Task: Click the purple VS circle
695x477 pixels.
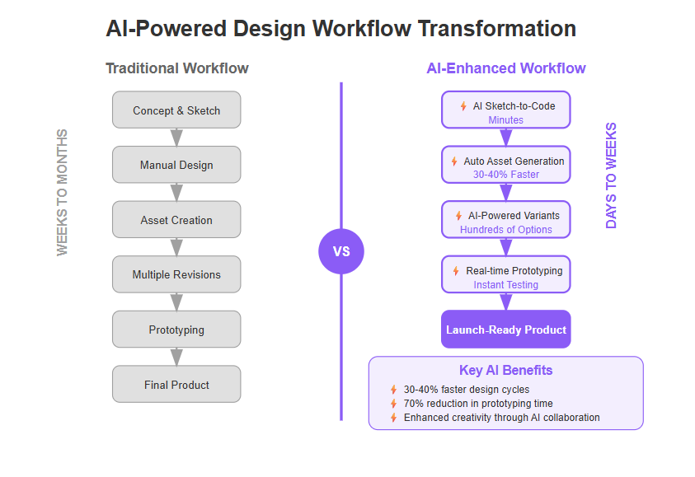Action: point(341,251)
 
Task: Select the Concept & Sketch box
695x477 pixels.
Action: point(176,110)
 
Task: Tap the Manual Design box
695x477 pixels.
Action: point(176,165)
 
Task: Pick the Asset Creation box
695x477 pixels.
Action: point(176,220)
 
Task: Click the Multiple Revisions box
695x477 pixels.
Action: point(176,274)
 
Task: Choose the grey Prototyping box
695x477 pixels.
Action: point(176,330)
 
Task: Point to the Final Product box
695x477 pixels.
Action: point(176,385)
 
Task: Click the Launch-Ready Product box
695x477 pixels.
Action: point(505,330)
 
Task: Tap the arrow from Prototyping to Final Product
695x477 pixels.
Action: point(176,357)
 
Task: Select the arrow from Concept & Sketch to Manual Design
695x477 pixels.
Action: point(176,138)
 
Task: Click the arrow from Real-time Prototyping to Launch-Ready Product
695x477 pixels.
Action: point(505,302)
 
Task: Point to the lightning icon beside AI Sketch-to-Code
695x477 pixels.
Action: point(463,106)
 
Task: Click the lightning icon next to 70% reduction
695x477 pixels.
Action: point(393,404)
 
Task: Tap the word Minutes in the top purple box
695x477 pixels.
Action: point(505,120)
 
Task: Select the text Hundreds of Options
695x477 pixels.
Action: point(505,229)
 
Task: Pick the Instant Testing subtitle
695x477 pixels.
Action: point(505,285)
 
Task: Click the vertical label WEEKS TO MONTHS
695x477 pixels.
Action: point(62,192)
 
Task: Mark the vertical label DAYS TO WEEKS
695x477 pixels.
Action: point(611,175)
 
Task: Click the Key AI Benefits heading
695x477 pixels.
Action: point(505,370)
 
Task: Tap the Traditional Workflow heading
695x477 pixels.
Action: point(177,68)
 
